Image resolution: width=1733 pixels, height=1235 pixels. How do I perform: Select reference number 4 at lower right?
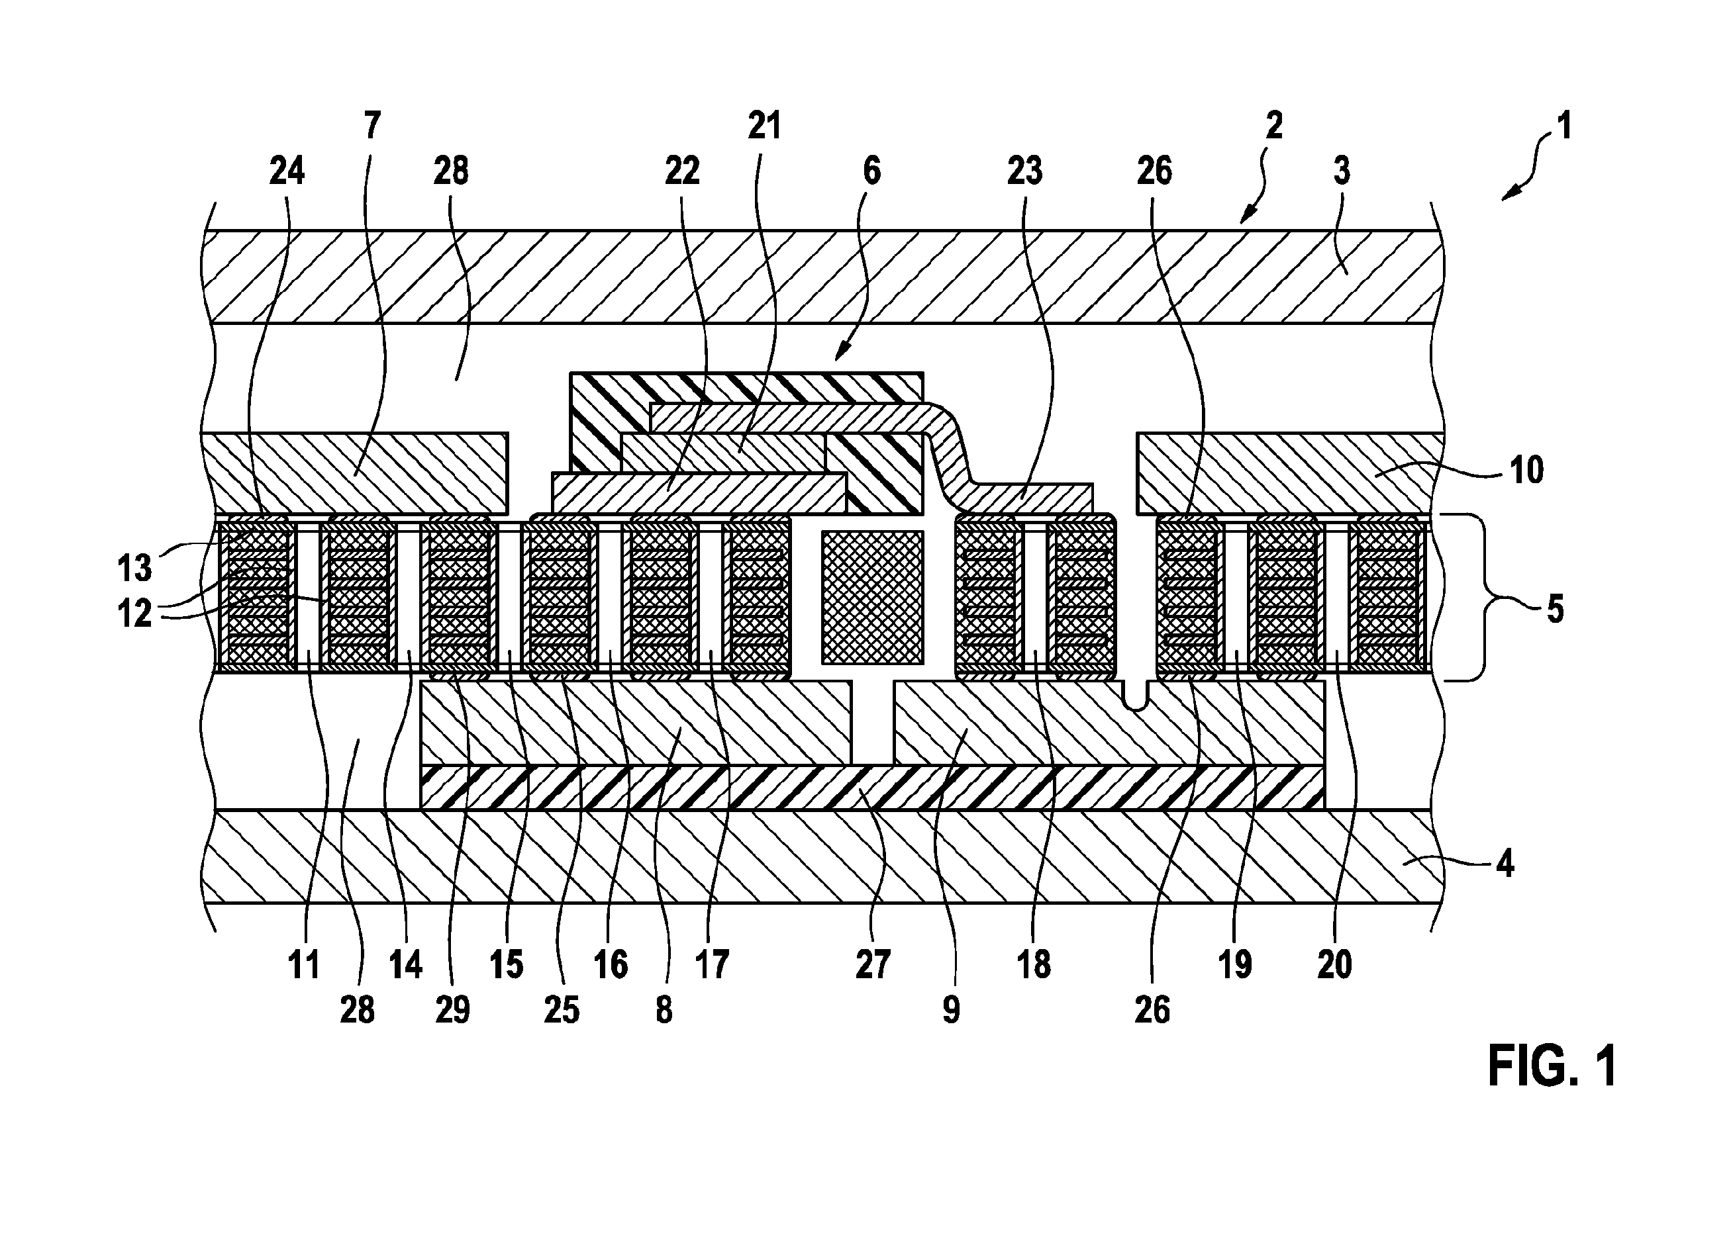pyautogui.click(x=1504, y=864)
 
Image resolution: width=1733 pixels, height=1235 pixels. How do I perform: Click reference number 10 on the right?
pyautogui.click(x=1527, y=470)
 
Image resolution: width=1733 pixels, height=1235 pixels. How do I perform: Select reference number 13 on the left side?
pyautogui.click(x=134, y=567)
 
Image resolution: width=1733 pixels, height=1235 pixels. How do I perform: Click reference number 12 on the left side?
pyautogui.click(x=134, y=613)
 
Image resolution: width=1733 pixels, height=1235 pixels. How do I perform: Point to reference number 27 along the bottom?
pyautogui.click(x=873, y=965)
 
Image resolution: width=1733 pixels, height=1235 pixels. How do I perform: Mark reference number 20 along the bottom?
pyautogui.click(x=1334, y=965)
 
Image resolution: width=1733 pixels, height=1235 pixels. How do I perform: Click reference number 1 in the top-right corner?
pyautogui.click(x=1563, y=126)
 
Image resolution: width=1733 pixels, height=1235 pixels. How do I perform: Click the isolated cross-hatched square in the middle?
pyautogui.click(x=872, y=596)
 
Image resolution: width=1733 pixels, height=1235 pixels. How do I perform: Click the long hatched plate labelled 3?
pyautogui.click(x=822, y=277)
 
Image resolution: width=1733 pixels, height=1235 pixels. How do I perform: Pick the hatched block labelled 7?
pyautogui.click(x=354, y=473)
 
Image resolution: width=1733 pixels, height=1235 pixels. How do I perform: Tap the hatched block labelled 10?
pyautogui.click(x=1289, y=473)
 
